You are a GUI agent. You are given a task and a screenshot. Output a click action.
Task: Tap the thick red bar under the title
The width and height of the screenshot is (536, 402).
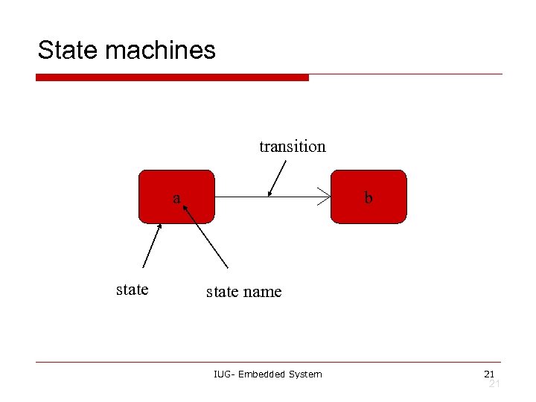[172, 77]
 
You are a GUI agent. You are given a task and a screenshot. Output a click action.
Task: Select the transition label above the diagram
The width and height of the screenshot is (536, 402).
[292, 147]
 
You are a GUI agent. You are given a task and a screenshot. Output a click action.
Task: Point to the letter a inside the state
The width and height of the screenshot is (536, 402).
[176, 199]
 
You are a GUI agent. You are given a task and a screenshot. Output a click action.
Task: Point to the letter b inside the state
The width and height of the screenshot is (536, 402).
[368, 199]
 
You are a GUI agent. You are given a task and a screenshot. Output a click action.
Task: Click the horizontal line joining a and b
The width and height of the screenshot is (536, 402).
[246, 197]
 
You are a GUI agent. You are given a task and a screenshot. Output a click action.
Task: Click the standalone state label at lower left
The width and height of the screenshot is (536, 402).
[133, 290]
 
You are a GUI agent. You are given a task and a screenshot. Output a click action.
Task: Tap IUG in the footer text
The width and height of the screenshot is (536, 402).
[223, 374]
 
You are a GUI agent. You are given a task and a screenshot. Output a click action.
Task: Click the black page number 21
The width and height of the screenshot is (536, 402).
[489, 374]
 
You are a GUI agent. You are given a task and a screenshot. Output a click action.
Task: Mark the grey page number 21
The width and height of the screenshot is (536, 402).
[493, 383]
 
